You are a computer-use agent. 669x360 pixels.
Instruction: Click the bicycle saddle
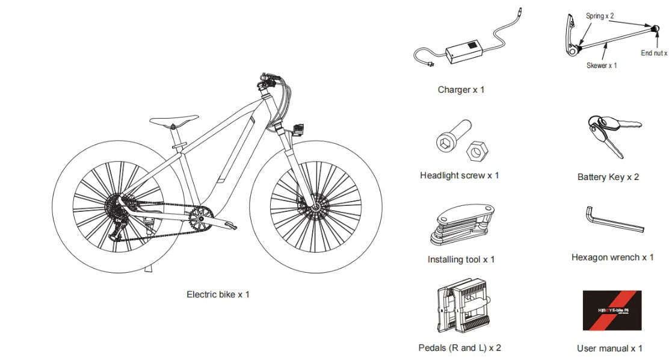click(x=174, y=120)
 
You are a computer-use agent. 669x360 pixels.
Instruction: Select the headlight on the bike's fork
click(x=298, y=129)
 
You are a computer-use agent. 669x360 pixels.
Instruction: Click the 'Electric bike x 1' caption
click(x=218, y=294)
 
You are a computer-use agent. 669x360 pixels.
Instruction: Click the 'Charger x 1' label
click(x=461, y=90)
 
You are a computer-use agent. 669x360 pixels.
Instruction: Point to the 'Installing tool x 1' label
click(x=461, y=259)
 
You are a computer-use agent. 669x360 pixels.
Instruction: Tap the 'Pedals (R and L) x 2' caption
click(x=460, y=347)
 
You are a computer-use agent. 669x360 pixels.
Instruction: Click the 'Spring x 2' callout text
click(x=600, y=16)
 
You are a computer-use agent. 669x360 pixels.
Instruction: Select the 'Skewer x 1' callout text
click(x=602, y=65)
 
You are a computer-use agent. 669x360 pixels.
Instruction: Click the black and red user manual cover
click(x=612, y=310)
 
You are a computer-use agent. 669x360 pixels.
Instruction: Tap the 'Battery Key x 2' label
click(x=608, y=177)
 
